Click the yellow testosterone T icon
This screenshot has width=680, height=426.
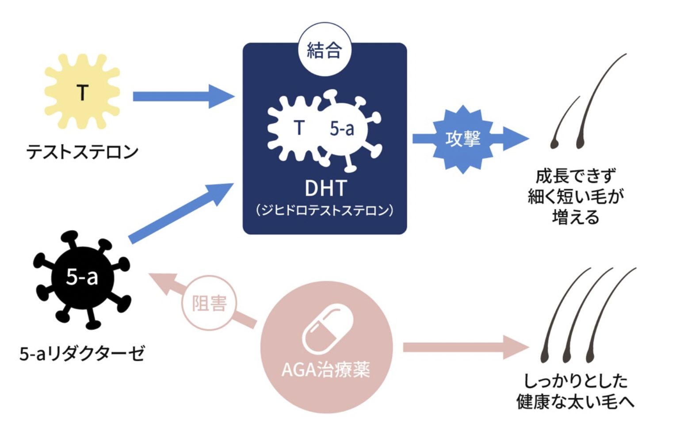click(82, 92)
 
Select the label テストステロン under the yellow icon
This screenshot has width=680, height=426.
click(82, 152)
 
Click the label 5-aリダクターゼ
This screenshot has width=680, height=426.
click(82, 353)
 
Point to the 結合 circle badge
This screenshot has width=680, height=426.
click(325, 49)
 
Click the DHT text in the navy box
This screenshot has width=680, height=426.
click(325, 188)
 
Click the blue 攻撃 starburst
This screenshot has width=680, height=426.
click(462, 139)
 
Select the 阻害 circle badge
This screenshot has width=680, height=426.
click(209, 304)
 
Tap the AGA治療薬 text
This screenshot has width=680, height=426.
click(326, 369)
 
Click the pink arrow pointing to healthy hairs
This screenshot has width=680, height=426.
click(464, 347)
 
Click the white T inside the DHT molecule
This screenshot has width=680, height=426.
click(299, 128)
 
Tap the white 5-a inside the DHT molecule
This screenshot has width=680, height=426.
click(342, 129)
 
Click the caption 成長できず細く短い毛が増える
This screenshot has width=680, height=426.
click(575, 196)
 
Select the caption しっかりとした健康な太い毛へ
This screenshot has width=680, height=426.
click(575, 391)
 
